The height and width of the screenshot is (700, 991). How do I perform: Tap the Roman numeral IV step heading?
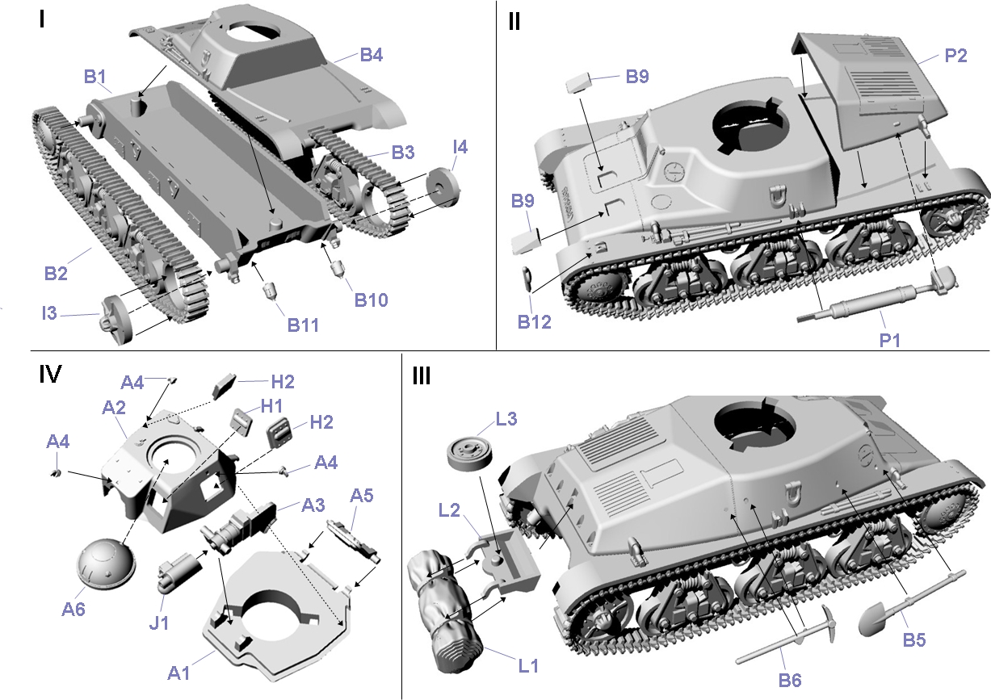50,374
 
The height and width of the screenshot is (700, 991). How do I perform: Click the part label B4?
371,55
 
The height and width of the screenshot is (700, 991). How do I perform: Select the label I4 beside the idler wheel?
460,147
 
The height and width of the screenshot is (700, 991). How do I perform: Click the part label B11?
303,325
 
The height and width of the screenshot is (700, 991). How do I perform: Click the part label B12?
534,322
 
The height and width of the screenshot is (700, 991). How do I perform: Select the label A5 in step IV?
362,497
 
